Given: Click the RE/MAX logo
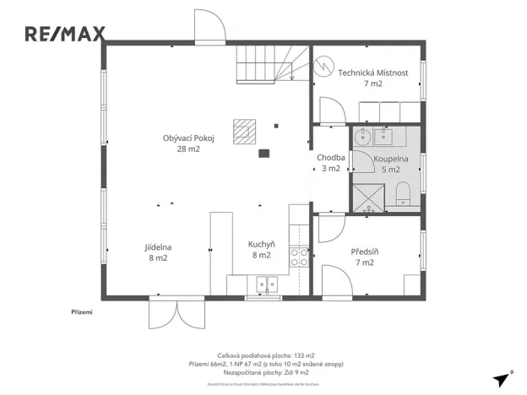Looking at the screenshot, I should (x=65, y=34).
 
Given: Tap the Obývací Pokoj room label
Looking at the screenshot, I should (x=187, y=143).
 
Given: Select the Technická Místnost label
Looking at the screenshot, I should (x=373, y=78).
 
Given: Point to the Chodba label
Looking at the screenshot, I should (x=329, y=163).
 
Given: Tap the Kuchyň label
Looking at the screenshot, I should (x=261, y=249).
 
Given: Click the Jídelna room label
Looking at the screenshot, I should (x=158, y=252).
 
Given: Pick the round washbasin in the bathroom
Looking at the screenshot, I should (x=364, y=137).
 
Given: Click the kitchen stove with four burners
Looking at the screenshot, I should (x=300, y=257).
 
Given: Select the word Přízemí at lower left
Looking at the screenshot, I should (x=81, y=312).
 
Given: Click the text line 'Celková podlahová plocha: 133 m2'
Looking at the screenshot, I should (x=265, y=355).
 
